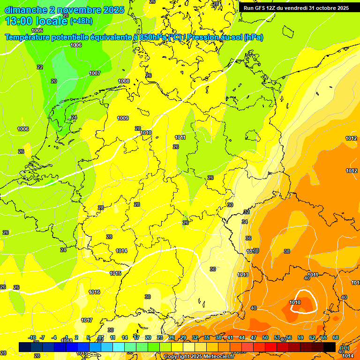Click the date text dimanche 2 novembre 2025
64,9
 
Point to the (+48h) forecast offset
81,21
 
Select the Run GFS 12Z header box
296,8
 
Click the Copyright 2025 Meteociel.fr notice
199,357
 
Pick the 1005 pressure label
37,30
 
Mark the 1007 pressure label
95,73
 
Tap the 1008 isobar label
124,81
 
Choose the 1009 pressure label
123,118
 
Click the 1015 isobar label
116,273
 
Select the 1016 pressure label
94,292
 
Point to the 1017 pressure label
87,320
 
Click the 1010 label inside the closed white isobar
295,302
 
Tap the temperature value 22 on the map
40,67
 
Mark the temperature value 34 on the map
245,222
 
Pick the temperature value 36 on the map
248,239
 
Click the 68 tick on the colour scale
336,337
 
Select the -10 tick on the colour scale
32,337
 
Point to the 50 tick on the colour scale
265,337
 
